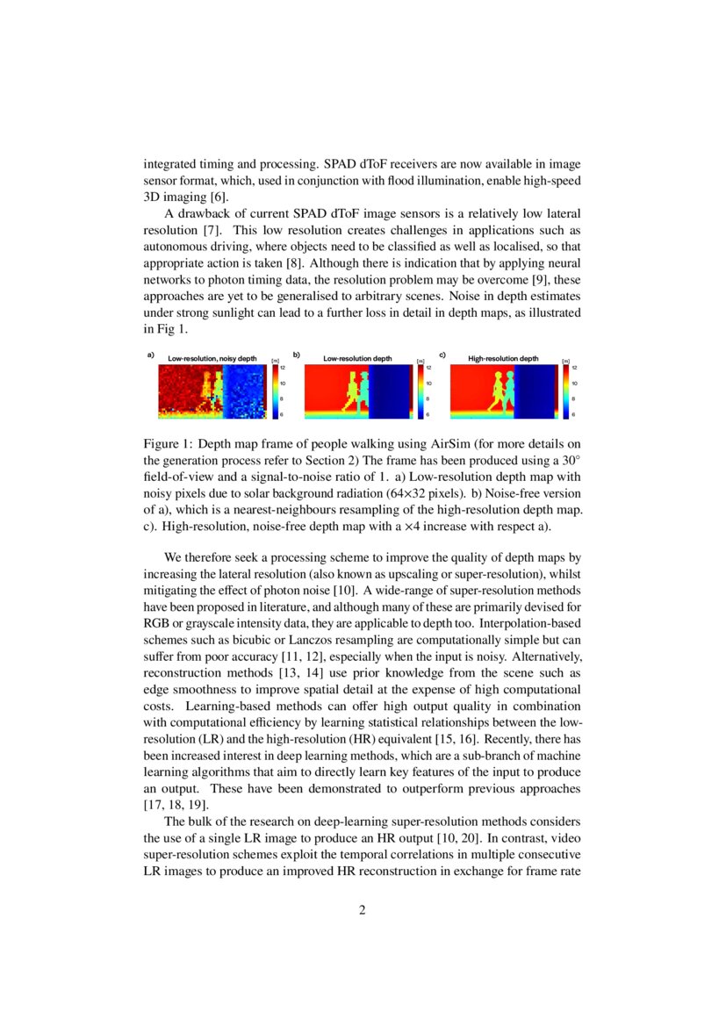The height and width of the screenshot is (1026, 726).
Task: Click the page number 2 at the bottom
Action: [363, 910]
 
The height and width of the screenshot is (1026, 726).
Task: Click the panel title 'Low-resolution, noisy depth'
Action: [212, 359]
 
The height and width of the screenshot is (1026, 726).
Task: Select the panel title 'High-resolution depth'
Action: [503, 359]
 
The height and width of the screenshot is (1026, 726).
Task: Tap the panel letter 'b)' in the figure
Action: [297, 355]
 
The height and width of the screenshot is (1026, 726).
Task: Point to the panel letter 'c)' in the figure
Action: [442, 355]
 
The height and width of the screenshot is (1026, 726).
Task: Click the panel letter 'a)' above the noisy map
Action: [150, 355]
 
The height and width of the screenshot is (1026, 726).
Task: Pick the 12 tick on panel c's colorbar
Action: [575, 369]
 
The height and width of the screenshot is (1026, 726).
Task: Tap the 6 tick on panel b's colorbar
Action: [428, 414]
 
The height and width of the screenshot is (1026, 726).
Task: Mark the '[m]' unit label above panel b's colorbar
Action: [420, 360]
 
